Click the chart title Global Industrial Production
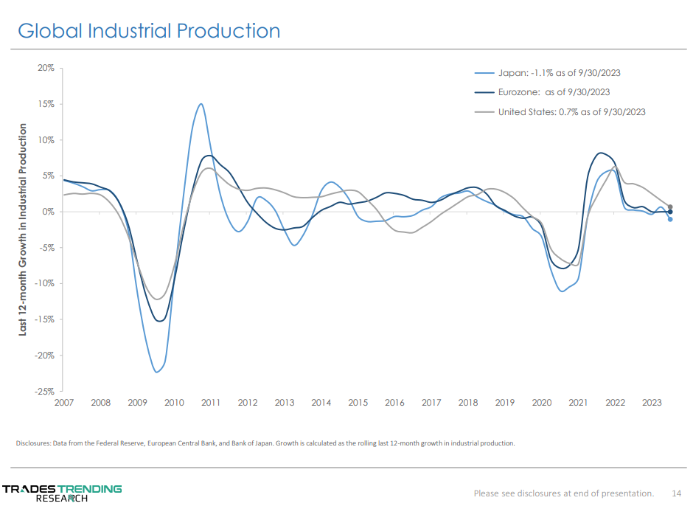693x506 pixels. pos(149,31)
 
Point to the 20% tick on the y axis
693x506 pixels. pos(46,68)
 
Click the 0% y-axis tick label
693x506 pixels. pos(48,212)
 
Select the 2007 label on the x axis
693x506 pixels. pos(63,403)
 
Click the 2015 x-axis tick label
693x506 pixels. pos(358,403)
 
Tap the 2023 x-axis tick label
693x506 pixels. pos(652,403)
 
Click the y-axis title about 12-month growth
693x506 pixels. pos(23,229)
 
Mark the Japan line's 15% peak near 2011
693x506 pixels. pos(201,104)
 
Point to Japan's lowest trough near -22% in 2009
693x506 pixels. pos(156,372)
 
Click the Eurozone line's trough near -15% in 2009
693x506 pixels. pos(160,321)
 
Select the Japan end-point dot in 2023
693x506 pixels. pos(670,219)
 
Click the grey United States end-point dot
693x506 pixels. pos(670,207)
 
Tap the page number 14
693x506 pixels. pos(676,493)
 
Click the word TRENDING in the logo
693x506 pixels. pos(90,488)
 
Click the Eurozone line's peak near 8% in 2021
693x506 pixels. pos(602,153)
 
